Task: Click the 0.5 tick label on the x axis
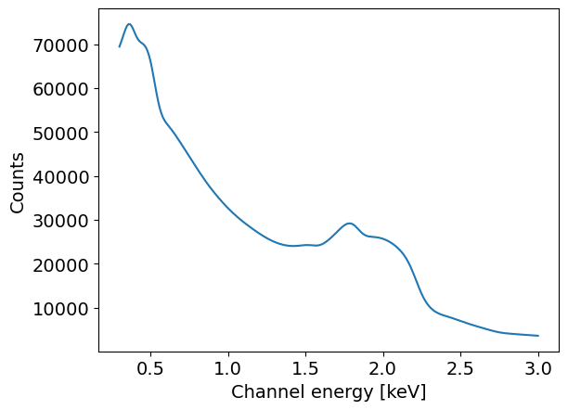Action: tap(150, 368)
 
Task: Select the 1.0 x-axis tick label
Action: tap(228, 368)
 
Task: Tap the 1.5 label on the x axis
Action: tap(305, 368)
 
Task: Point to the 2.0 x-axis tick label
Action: tap(383, 368)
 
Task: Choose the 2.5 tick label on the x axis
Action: tap(460, 368)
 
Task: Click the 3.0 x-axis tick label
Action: tap(538, 368)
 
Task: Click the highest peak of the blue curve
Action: tap(129, 24)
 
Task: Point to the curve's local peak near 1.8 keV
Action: tap(349, 224)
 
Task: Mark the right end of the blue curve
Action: tap(538, 336)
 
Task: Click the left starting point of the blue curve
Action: tap(120, 46)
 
